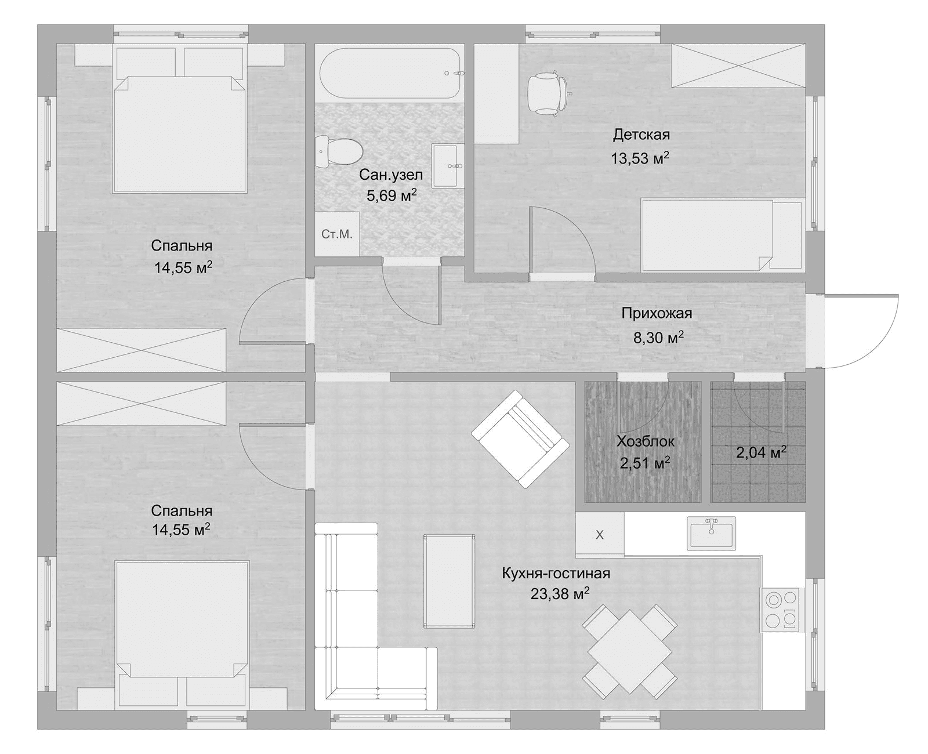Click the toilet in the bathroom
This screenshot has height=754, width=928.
[339, 152]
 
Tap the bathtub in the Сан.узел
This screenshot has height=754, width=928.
[390, 73]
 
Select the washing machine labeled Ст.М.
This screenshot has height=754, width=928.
[337, 234]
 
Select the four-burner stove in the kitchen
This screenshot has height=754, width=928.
[780, 610]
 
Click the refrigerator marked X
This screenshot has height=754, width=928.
[600, 534]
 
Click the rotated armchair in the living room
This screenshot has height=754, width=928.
[520, 438]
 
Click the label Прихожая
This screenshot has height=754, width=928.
[657, 313]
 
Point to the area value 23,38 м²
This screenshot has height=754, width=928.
[560, 593]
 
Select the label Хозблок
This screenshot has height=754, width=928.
[646, 441]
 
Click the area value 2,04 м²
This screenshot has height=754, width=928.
[762, 452]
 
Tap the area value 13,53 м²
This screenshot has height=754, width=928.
[640, 158]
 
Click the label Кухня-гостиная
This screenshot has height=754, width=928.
[556, 573]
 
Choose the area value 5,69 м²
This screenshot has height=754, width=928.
[391, 195]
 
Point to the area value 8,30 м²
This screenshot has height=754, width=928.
[658, 337]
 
